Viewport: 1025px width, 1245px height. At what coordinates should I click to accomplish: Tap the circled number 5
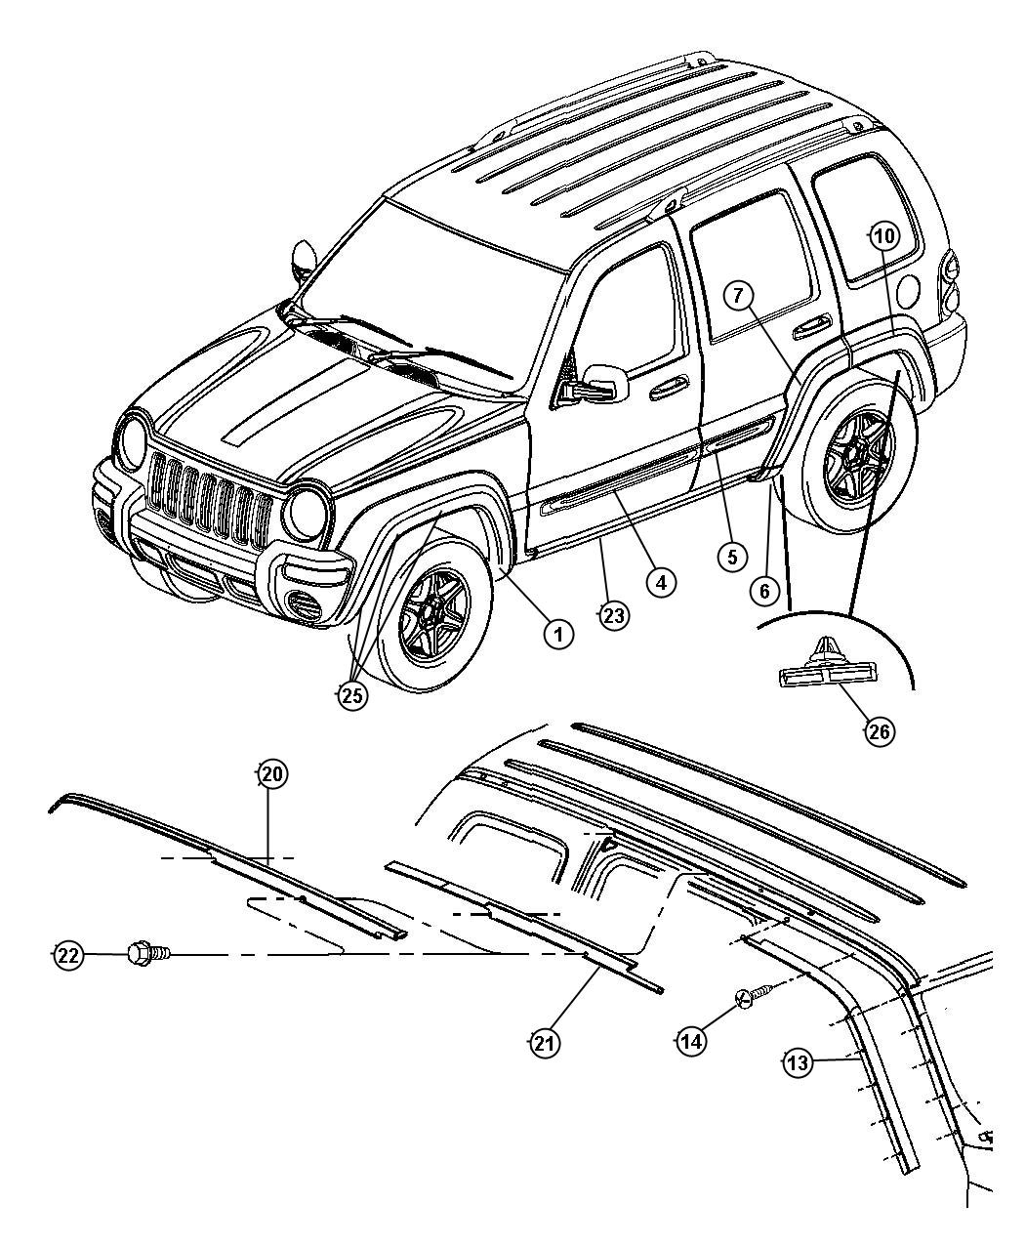pos(730,557)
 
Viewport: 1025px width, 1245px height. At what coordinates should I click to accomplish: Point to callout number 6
pos(764,590)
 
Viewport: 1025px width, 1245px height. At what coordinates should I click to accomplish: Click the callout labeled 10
pos(882,234)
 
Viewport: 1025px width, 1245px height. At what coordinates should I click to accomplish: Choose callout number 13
pos(798,1063)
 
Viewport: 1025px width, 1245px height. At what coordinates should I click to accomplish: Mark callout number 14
pos(690,1042)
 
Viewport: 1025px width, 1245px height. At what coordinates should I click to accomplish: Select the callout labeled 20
pos(271,774)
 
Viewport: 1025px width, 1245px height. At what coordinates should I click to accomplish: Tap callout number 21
pos(544,1043)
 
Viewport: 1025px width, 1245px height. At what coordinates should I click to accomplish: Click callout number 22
pos(67,956)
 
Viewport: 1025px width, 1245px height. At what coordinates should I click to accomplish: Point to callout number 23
pos(613,615)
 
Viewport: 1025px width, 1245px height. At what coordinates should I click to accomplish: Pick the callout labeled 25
pos(352,695)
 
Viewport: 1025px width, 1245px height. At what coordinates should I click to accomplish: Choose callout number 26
pos(881,730)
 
